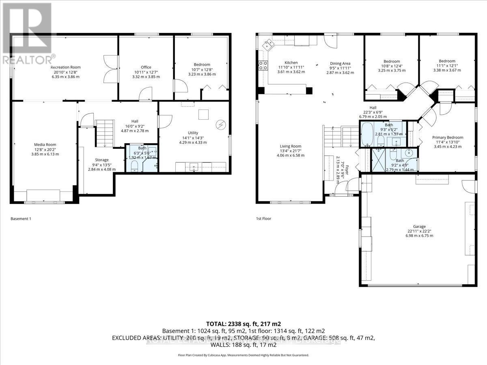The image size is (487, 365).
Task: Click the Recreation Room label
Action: [65, 67]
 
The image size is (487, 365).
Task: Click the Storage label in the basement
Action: [102, 160]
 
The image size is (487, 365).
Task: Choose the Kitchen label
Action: [291, 62]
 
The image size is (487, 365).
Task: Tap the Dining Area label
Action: [340, 63]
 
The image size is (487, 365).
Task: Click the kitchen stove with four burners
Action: [263, 65]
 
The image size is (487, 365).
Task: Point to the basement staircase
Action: [105, 133]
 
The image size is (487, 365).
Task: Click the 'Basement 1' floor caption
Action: [21, 219]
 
